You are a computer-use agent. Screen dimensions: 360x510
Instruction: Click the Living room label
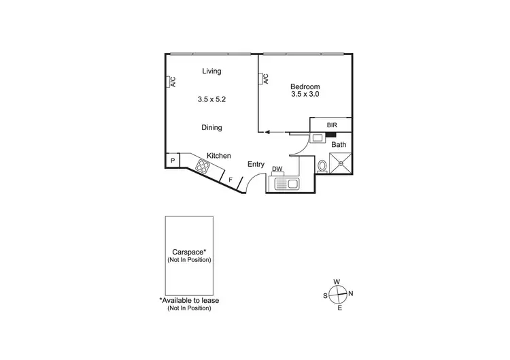pos(211,71)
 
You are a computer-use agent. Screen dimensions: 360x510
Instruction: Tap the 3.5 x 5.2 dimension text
pos(211,99)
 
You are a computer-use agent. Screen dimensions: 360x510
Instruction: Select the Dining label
pos(211,127)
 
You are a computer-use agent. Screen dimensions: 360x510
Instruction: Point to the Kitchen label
pos(219,156)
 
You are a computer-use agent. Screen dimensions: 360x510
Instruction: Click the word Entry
pos(256,164)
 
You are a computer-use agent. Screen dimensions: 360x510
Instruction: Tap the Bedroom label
pos(305,86)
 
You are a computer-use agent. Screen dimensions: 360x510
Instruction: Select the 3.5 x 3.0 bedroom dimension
pos(305,95)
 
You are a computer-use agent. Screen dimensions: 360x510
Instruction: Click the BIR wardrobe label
pos(332,125)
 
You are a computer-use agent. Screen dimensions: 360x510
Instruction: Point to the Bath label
pos(339,144)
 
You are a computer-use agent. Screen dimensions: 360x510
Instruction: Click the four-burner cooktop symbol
pos(203,165)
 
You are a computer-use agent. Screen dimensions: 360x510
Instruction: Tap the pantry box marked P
pos(173,161)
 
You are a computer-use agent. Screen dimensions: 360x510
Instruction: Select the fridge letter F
pos(231,180)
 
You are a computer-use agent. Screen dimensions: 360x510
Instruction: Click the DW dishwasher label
pos(277,169)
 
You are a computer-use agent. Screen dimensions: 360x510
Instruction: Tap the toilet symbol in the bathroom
pos(322,166)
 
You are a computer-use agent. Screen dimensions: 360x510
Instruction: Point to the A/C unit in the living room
pos(171,82)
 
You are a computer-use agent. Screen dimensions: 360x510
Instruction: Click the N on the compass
pos(351,294)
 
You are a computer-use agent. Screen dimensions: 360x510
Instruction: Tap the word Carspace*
pos(190,251)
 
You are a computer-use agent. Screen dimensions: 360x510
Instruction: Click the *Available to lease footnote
pos(189,300)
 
